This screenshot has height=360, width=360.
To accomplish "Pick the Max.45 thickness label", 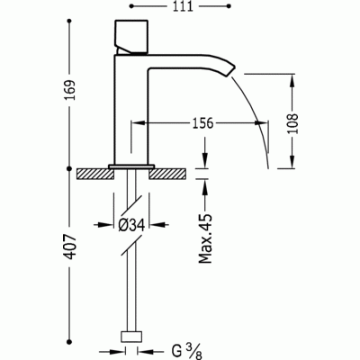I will click(x=205, y=237).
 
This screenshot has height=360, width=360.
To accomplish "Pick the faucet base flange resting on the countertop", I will click(x=131, y=166).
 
